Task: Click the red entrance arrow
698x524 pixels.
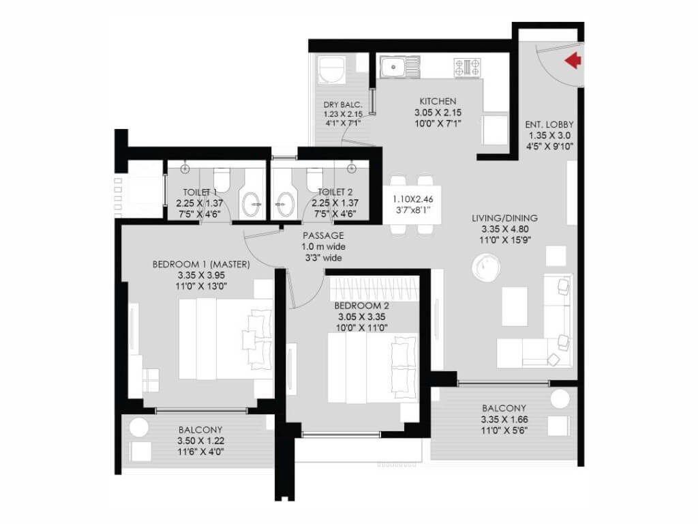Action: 573,61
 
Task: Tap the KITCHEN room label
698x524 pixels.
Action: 438,101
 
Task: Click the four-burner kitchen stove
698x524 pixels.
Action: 468,66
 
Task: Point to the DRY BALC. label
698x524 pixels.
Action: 342,105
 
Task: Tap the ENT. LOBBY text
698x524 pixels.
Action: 549,125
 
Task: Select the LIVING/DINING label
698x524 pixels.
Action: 504,218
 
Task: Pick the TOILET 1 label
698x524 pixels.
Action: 200,192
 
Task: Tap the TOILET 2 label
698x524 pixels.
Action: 335,192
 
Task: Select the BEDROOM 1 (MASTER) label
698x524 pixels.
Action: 201,265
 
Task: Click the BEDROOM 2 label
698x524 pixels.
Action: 361,306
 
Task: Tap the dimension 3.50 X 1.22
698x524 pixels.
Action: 200,441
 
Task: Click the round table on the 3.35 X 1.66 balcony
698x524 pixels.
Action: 562,400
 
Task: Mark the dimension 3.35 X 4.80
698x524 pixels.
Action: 504,230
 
